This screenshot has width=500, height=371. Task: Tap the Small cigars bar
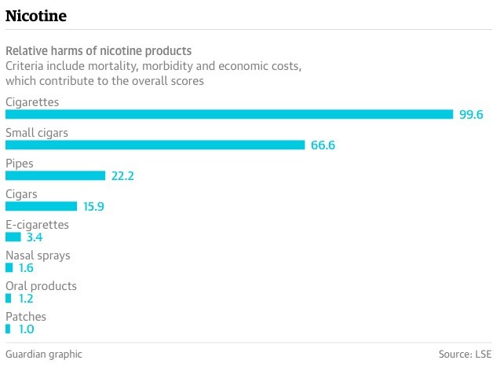click(155, 145)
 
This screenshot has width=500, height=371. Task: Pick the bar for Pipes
click(55, 175)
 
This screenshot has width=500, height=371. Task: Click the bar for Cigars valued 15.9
click(41, 206)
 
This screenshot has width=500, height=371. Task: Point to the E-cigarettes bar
click(13, 237)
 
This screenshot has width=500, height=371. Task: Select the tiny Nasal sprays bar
click(9, 267)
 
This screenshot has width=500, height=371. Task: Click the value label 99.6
click(471, 115)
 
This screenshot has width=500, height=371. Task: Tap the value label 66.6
click(323, 145)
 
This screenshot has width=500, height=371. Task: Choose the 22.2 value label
click(122, 176)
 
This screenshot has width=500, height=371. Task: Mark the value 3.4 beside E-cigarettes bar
click(34, 237)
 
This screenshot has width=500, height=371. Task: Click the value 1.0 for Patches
click(26, 329)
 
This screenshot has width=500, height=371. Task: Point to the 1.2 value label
click(26, 299)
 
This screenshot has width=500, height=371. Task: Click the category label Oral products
click(41, 286)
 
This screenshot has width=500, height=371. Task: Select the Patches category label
click(26, 317)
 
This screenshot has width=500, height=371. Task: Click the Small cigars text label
click(37, 133)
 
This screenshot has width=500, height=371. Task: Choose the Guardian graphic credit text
click(44, 354)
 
